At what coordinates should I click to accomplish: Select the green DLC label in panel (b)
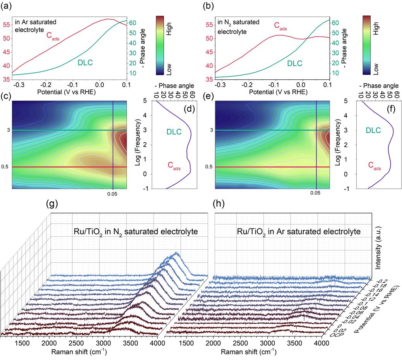295,63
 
